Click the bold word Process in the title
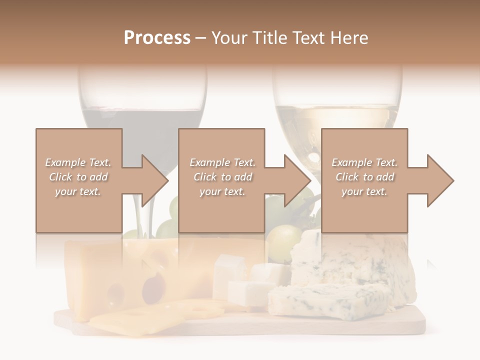tap(157, 38)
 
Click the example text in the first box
tap(78, 177)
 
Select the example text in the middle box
tap(222, 177)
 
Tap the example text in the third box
tap(364, 177)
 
